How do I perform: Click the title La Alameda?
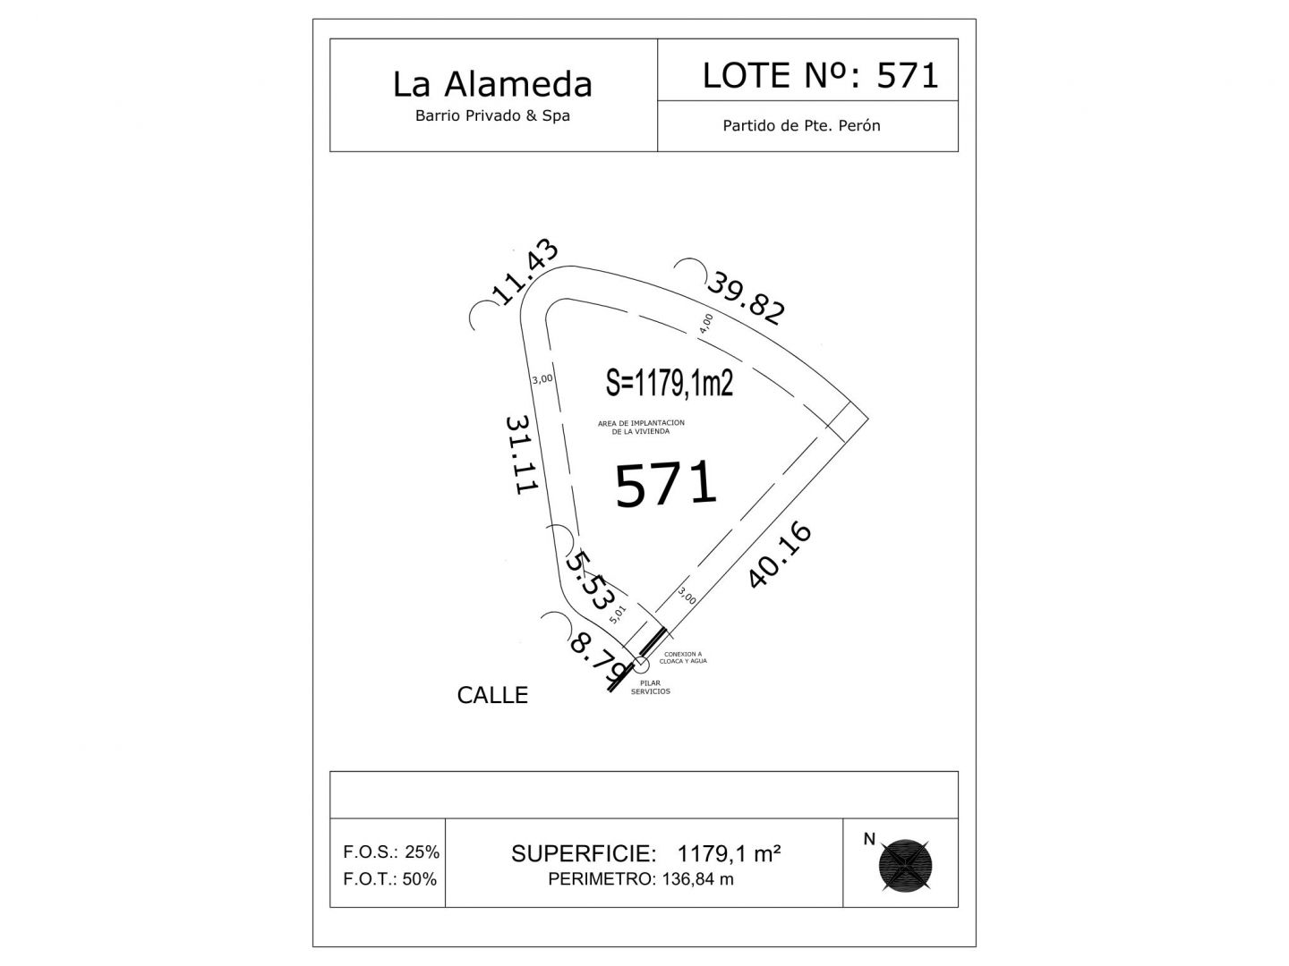(492, 84)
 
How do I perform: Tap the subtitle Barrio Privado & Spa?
(492, 115)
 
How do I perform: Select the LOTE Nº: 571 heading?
(820, 75)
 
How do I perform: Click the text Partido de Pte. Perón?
(801, 125)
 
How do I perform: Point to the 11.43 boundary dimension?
(524, 272)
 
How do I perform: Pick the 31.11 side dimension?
(522, 454)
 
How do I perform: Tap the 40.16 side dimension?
(780, 555)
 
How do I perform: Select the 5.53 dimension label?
(589, 580)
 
